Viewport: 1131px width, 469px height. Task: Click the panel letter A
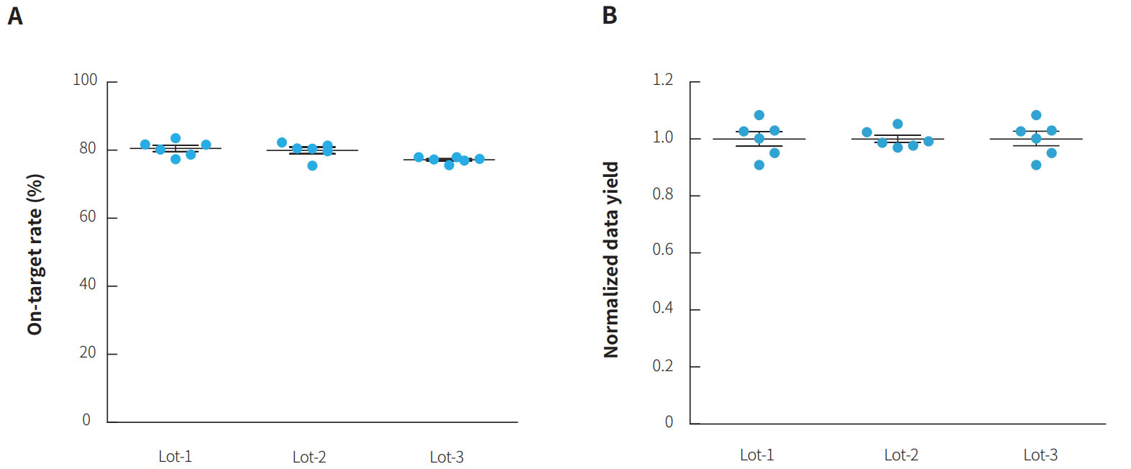point(15,16)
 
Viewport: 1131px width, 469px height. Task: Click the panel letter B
point(610,16)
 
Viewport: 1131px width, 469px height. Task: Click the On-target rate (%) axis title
point(35,255)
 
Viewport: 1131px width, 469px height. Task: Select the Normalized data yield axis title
point(611,260)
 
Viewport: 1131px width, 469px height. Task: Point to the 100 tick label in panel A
point(85,80)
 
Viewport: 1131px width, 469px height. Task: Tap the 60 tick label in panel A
point(88,217)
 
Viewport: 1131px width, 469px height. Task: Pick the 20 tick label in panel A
point(88,352)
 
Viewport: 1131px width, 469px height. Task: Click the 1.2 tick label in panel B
point(663,80)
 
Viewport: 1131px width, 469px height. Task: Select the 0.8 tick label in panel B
point(663,194)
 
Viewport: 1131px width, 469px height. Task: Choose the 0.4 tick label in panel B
point(663,308)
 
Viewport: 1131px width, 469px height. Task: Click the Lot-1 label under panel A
point(175,457)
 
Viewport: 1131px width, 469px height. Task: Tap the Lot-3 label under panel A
point(447,457)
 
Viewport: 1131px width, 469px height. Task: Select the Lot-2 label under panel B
point(901,455)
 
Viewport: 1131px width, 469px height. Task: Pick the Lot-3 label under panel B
point(1040,455)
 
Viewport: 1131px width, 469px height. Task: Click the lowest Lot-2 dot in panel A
point(312,165)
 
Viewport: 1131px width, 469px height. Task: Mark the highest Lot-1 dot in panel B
point(759,115)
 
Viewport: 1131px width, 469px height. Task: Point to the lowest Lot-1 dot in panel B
point(759,165)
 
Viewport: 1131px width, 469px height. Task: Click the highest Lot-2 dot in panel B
point(897,124)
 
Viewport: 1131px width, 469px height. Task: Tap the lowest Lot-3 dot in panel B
point(1036,165)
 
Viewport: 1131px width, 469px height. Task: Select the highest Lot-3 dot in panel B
point(1036,115)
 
